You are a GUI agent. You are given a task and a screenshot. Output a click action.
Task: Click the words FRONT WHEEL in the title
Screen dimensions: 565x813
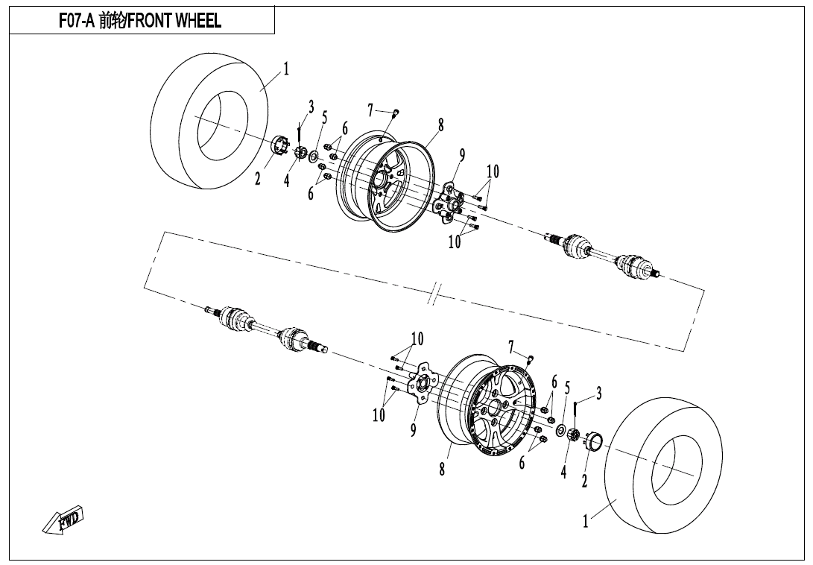point(174,22)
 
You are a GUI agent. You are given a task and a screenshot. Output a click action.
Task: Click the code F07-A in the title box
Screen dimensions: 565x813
point(77,22)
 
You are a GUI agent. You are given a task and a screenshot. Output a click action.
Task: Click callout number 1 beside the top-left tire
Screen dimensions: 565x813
point(285,69)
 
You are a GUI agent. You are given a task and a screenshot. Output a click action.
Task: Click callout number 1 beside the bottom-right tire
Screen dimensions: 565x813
point(586,522)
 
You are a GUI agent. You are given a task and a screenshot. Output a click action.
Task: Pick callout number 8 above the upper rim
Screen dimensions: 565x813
point(440,125)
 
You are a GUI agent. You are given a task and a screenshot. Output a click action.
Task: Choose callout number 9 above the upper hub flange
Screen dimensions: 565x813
point(462,155)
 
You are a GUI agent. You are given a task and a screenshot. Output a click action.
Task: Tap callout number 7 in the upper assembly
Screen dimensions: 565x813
point(370,110)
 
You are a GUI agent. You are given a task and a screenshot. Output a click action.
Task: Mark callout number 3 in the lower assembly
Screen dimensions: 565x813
point(598,394)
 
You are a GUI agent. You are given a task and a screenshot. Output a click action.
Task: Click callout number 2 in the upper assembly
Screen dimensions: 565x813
point(258,179)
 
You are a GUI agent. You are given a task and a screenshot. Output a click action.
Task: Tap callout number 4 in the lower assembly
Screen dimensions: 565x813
point(564,472)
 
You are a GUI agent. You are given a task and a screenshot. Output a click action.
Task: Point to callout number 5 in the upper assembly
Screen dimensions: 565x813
point(324,118)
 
